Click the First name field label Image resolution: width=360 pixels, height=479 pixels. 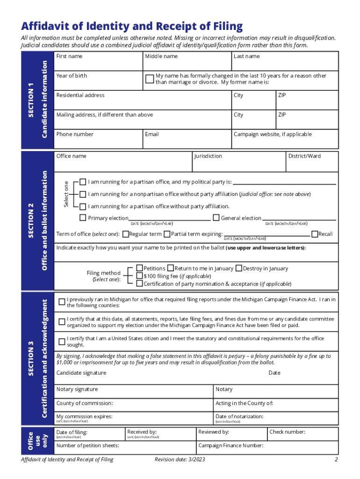(x=69, y=56)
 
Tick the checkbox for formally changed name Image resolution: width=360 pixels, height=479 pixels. (x=149, y=79)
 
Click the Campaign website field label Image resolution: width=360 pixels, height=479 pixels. (x=272, y=134)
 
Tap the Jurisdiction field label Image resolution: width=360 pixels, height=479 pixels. (x=208, y=156)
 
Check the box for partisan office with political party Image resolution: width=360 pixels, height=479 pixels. (x=83, y=181)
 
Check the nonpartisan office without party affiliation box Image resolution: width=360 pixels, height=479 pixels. (x=83, y=194)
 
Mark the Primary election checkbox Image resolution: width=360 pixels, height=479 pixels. (x=83, y=218)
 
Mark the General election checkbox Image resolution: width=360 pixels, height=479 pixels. (x=216, y=218)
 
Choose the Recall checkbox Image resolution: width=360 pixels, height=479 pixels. (x=315, y=233)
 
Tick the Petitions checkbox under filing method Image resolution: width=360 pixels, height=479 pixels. (x=139, y=268)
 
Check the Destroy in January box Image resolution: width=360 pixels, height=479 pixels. (x=239, y=268)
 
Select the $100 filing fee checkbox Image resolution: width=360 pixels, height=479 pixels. (x=139, y=276)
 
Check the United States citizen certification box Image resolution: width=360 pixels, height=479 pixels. (x=62, y=341)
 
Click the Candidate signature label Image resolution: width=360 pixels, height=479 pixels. (x=81, y=373)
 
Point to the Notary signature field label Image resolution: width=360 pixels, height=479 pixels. (x=77, y=389)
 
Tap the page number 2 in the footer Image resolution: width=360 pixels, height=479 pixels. (x=336, y=460)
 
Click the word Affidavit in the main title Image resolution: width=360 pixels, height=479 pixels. (x=42, y=26)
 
